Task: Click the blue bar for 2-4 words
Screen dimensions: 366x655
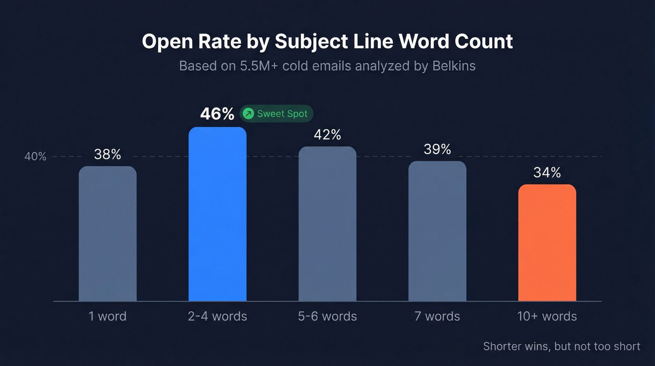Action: tap(217, 214)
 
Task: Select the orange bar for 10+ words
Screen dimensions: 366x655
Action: tap(547, 242)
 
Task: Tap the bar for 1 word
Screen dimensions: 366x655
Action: tap(108, 233)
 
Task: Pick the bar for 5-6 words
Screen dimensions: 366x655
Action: tap(327, 224)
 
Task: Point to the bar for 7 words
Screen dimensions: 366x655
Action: tap(437, 231)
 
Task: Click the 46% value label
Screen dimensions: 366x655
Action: tap(217, 114)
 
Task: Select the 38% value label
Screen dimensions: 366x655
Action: tap(108, 154)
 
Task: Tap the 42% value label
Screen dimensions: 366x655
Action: tap(327, 135)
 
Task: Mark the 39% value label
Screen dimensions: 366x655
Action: tap(437, 149)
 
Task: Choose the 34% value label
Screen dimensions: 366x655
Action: tap(547, 173)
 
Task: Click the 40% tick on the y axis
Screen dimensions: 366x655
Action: tap(36, 157)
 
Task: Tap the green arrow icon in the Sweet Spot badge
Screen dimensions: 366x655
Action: tap(248, 114)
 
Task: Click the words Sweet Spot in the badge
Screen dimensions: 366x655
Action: tap(282, 114)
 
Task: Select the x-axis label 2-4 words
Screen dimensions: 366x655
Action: tap(217, 316)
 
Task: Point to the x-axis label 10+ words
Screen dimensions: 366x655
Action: tap(547, 316)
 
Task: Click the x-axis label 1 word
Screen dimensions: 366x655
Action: tap(108, 316)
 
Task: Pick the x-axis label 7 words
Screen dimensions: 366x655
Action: tap(437, 316)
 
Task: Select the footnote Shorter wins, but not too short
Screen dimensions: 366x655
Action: tap(561, 346)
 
